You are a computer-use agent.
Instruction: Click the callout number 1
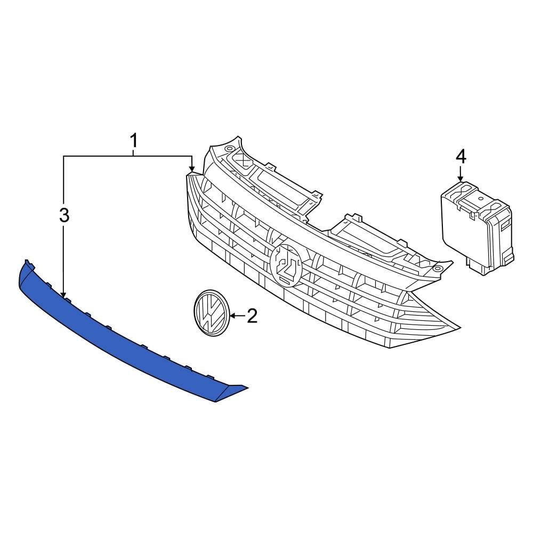pyautogui.click(x=134, y=141)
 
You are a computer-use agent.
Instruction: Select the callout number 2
pyautogui.click(x=251, y=316)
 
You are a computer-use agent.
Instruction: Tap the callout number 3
pyautogui.click(x=64, y=216)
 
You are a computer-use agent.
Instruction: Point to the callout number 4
pyautogui.click(x=461, y=157)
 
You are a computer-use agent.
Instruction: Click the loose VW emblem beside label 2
pyautogui.click(x=210, y=313)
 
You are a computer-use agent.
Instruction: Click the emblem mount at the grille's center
pyautogui.click(x=286, y=265)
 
